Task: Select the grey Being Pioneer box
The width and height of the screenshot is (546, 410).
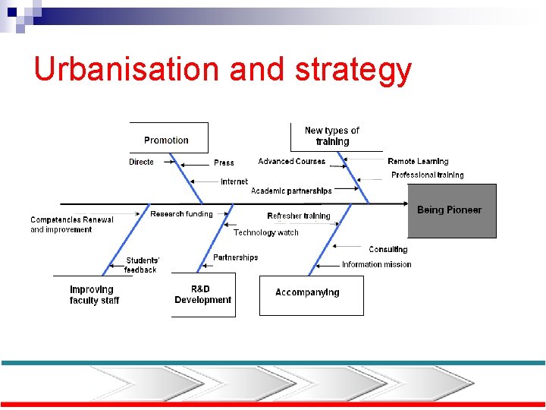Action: point(452,210)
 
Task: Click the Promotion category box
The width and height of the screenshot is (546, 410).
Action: point(167,140)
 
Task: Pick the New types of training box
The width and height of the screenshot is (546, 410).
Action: point(332,136)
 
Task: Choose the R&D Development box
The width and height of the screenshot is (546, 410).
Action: point(202,295)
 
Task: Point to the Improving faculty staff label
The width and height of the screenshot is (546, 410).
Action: point(94,295)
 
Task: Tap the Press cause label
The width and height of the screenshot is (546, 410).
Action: point(224,162)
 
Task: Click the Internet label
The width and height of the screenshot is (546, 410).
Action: point(234,181)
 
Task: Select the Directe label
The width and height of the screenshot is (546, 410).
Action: point(141,162)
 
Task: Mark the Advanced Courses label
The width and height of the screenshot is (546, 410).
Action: point(291,161)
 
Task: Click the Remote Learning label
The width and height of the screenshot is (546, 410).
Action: point(418,161)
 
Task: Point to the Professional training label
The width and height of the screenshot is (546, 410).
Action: point(427,175)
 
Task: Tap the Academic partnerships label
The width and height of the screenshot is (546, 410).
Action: point(291,191)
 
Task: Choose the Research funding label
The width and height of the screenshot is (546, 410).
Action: point(181,214)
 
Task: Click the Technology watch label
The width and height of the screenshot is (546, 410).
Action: point(266,232)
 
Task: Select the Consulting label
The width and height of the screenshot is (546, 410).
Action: point(388,249)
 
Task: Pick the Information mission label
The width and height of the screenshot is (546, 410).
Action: point(376,264)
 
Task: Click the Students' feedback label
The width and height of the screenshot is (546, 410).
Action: point(142,265)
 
